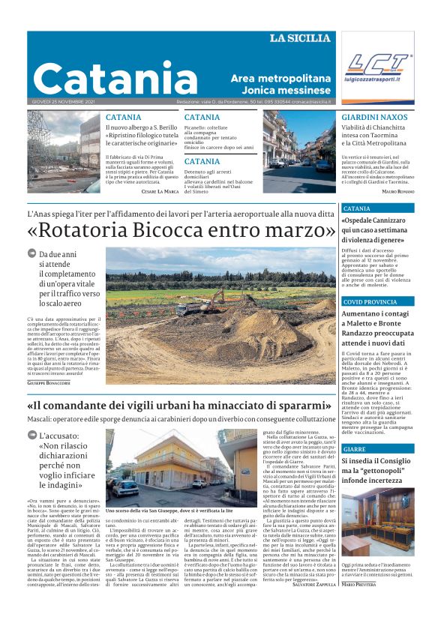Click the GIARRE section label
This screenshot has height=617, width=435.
[355, 448]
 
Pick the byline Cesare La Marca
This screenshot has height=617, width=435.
[160, 191]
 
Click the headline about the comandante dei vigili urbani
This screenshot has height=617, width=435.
[181, 406]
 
